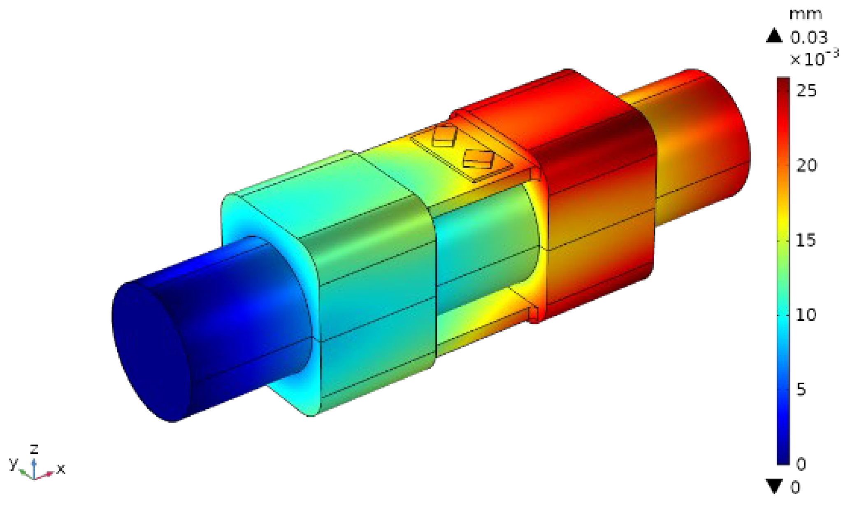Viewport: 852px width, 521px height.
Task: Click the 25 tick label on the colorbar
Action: pyautogui.click(x=806, y=90)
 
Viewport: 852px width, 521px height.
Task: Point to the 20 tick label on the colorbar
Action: pyautogui.click(x=806, y=165)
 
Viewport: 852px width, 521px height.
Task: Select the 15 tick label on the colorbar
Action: pyautogui.click(x=806, y=240)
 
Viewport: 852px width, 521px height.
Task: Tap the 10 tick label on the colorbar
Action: pyautogui.click(x=806, y=315)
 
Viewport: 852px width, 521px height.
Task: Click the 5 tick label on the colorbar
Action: pyautogui.click(x=801, y=389)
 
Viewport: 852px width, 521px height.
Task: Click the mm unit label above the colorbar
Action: pyautogui.click(x=805, y=14)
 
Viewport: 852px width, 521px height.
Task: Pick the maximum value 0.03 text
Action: pyautogui.click(x=808, y=37)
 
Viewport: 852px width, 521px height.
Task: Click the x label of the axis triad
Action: pyautogui.click(x=61, y=469)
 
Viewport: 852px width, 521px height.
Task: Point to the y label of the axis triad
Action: pyautogui.click(x=13, y=463)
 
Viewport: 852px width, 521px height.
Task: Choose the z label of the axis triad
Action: pyautogui.click(x=35, y=448)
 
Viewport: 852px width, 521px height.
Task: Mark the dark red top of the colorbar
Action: pyautogui.click(x=783, y=82)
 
